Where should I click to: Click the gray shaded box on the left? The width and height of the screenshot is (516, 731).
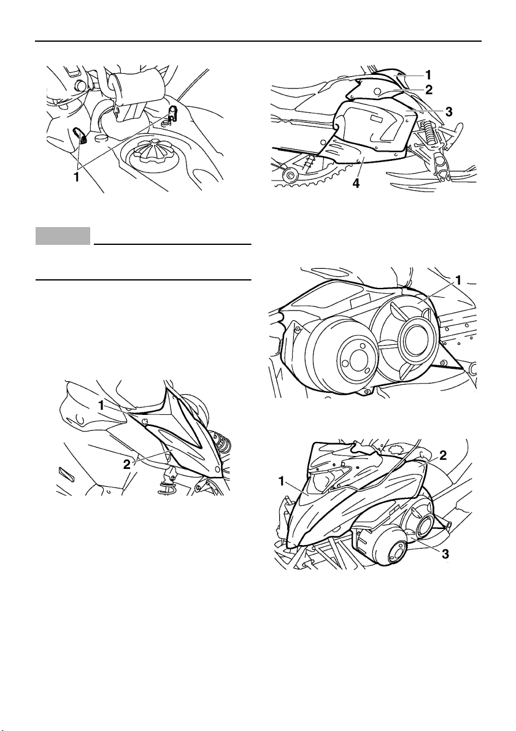(x=63, y=236)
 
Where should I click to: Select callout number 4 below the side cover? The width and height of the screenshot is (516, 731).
(x=356, y=184)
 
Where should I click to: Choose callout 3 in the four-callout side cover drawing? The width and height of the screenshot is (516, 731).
(x=449, y=112)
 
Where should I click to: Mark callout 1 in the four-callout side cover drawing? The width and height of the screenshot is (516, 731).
(x=428, y=75)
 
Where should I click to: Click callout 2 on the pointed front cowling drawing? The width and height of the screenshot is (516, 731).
(x=126, y=464)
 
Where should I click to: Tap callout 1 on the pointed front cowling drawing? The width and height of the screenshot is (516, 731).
(x=101, y=406)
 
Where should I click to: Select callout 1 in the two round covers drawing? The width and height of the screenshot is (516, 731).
(x=459, y=280)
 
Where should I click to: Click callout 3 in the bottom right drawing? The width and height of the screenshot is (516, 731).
(x=445, y=554)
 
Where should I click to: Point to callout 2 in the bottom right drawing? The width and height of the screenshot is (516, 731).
(x=443, y=455)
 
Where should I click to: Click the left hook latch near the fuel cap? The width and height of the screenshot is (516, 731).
(x=80, y=135)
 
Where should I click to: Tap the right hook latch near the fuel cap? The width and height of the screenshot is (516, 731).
(x=172, y=112)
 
